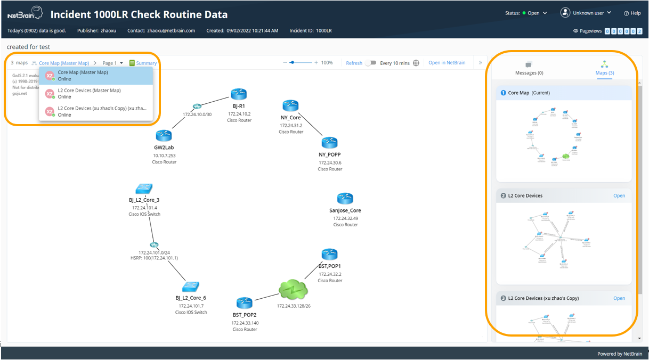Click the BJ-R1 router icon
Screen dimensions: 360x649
point(238,94)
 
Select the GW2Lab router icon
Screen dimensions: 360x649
point(164,136)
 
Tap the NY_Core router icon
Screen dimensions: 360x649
point(290,105)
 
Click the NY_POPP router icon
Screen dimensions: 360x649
point(329,143)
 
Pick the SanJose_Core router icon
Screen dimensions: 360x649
point(345,198)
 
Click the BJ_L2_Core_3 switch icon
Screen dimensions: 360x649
point(144,189)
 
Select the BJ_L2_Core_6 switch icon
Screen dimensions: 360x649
point(190,287)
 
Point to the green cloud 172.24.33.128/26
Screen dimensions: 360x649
point(293,290)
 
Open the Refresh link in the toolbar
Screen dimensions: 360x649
point(354,63)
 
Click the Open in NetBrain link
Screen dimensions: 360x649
point(447,63)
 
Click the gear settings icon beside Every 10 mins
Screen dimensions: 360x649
point(416,63)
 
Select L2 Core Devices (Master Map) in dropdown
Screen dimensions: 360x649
point(89,94)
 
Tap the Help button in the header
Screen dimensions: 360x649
point(632,13)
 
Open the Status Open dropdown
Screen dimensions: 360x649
point(534,13)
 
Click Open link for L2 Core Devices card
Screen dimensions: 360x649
point(619,195)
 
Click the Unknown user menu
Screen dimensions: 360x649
point(586,13)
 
